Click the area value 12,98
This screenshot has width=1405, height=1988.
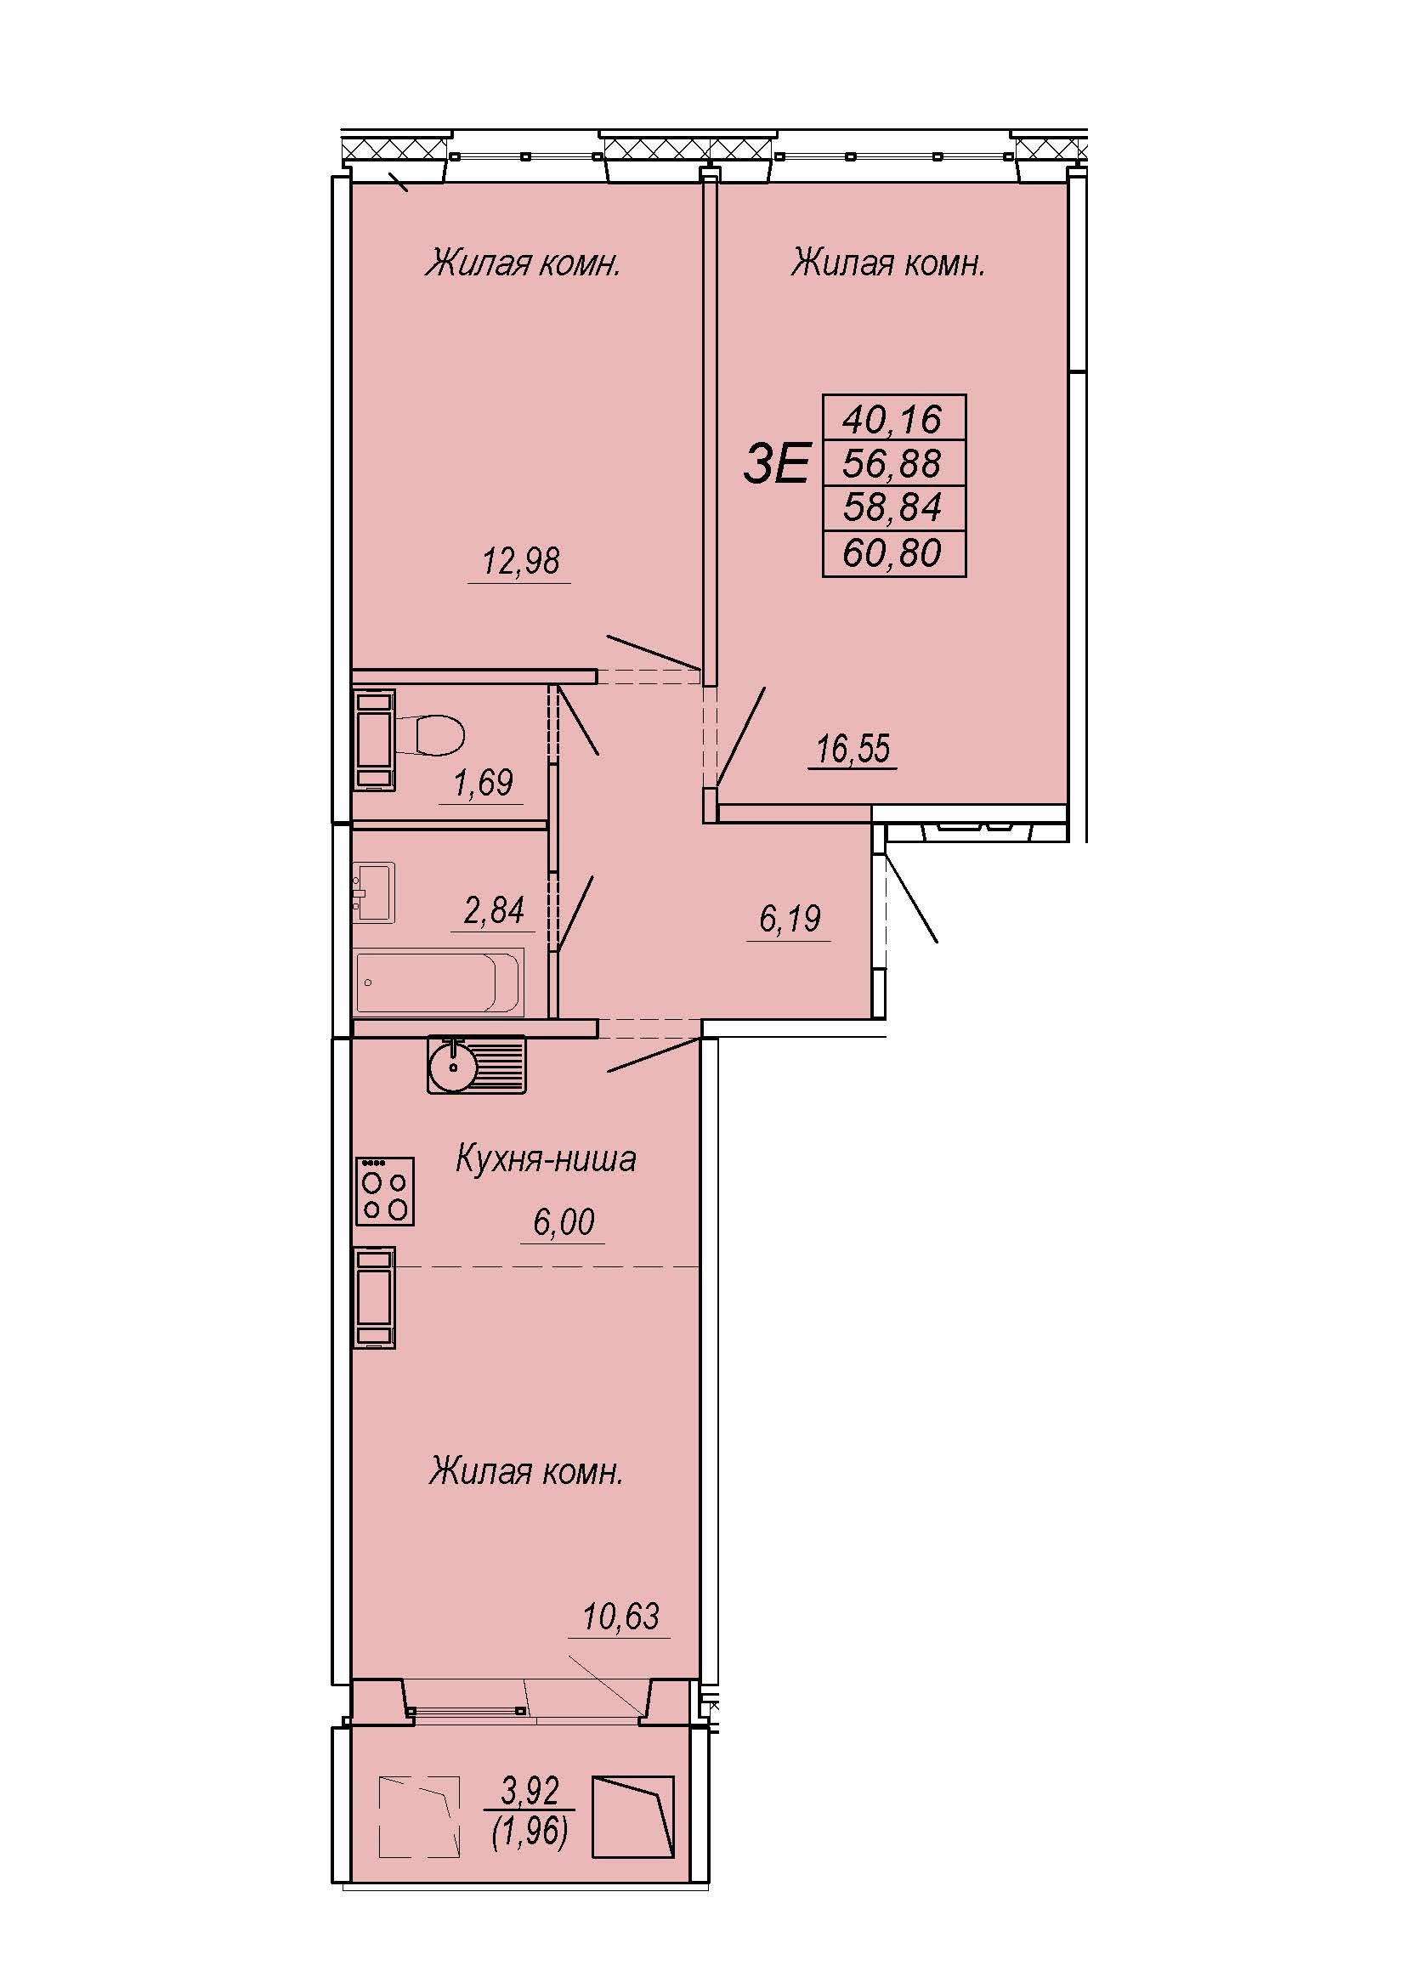[520, 561]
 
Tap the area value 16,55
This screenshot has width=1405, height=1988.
[853, 748]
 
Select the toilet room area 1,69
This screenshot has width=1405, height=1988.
[483, 783]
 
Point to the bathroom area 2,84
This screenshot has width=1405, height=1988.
[495, 911]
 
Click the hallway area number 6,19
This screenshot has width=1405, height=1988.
[790, 919]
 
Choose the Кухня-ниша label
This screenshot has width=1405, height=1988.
[546, 1158]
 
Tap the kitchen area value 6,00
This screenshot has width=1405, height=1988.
[564, 1221]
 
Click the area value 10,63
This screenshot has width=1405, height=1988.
[620, 1617]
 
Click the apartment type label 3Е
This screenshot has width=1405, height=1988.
[777, 463]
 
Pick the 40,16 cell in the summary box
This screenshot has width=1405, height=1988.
[892, 419]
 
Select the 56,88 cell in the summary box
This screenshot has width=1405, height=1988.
[892, 464]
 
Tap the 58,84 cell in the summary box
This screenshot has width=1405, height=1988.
[892, 507]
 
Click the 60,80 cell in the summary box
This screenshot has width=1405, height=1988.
[892, 553]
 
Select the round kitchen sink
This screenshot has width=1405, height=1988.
[453, 1066]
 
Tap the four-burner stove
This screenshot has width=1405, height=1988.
[385, 1192]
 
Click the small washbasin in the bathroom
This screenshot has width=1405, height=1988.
[374, 892]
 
